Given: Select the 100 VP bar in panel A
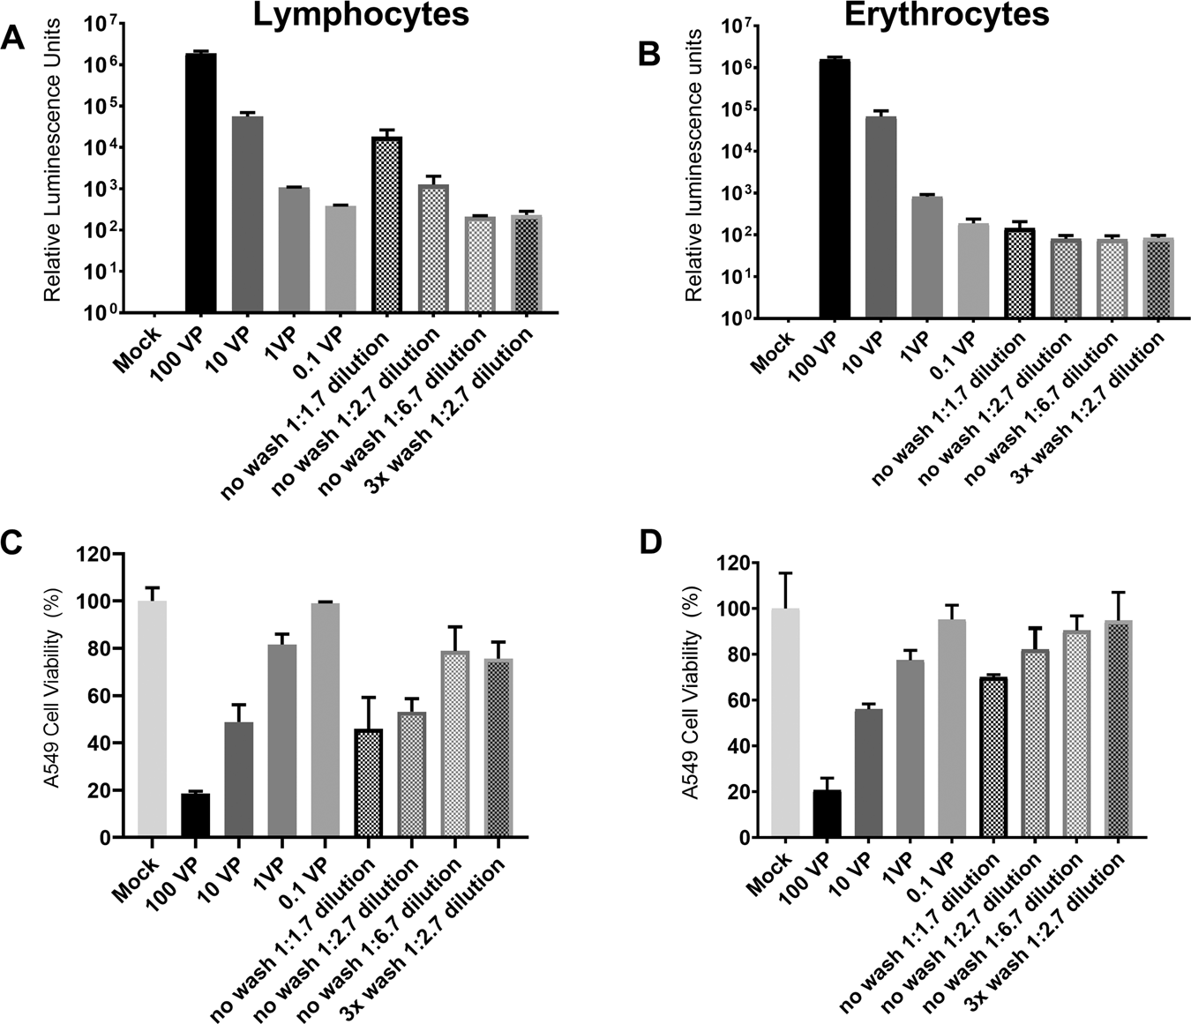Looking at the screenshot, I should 200,183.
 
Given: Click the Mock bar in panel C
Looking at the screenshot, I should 152,719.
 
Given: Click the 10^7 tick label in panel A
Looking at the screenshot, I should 101,23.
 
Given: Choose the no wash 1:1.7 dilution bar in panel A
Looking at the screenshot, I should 386,225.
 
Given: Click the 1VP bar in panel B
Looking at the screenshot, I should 926,257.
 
